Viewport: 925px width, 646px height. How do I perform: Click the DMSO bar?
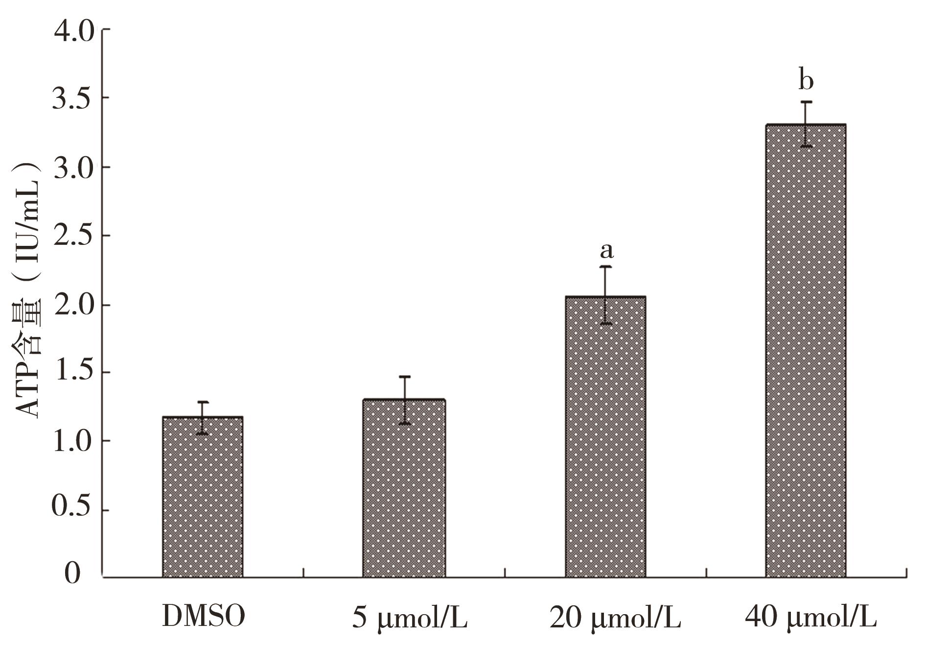203,497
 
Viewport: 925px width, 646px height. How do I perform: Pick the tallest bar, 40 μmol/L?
806,351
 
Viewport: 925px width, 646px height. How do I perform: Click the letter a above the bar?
606,251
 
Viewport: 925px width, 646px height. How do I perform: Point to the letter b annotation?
806,81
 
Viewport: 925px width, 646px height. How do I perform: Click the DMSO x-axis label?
203,617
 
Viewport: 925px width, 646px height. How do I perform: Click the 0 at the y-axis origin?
72,574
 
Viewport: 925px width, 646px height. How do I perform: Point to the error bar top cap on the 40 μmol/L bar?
806,102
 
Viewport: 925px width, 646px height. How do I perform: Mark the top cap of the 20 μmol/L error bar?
606,266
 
